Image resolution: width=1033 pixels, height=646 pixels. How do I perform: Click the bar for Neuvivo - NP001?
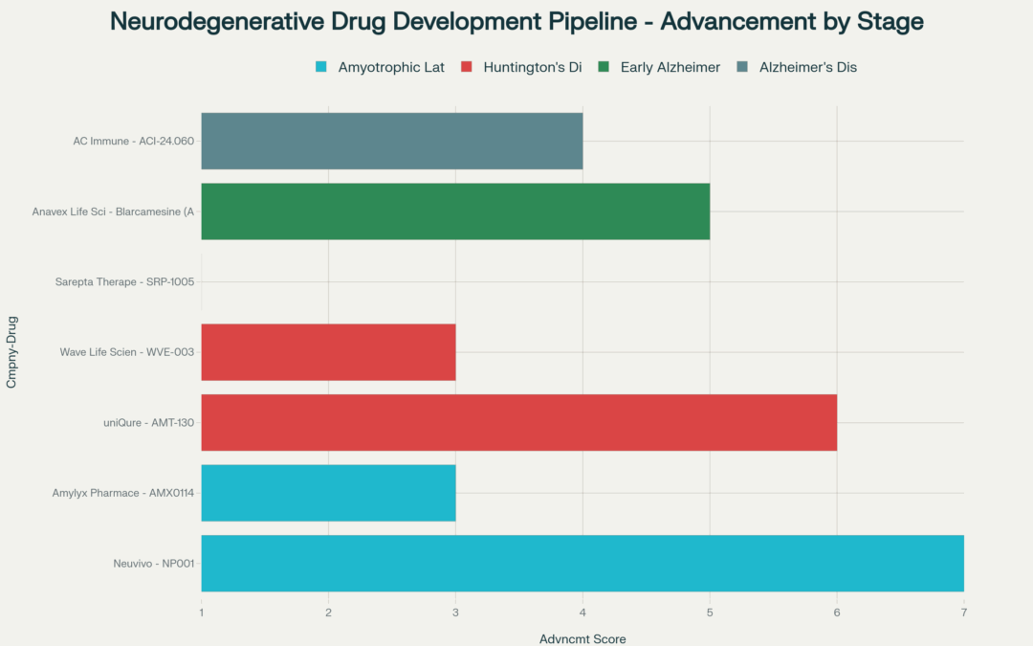pyautogui.click(x=582, y=563)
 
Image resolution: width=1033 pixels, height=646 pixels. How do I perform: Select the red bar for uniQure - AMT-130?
pyautogui.click(x=518, y=422)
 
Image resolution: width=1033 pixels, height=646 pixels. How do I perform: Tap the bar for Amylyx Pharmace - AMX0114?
pyautogui.click(x=328, y=493)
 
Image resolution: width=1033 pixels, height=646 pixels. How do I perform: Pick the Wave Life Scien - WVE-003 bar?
pyautogui.click(x=328, y=352)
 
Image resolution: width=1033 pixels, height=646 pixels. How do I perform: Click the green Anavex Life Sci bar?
pyautogui.click(x=455, y=212)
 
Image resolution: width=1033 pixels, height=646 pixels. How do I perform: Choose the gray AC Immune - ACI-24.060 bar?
pyautogui.click(x=391, y=141)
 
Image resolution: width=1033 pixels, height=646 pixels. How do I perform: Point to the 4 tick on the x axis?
pyautogui.click(x=582, y=612)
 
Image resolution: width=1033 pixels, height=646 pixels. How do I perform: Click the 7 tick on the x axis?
pyautogui.click(x=963, y=612)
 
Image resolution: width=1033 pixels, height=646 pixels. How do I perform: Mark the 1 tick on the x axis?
pyautogui.click(x=202, y=612)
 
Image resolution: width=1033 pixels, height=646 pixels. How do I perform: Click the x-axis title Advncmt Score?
pyautogui.click(x=582, y=638)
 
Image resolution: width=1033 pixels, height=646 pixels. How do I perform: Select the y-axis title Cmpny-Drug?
pyautogui.click(x=11, y=352)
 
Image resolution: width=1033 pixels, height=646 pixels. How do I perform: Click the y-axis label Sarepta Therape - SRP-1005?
pyautogui.click(x=126, y=282)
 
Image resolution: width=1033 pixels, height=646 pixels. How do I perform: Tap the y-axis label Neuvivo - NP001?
pyautogui.click(x=153, y=564)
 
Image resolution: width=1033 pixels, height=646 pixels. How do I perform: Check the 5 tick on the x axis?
pyautogui.click(x=710, y=612)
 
